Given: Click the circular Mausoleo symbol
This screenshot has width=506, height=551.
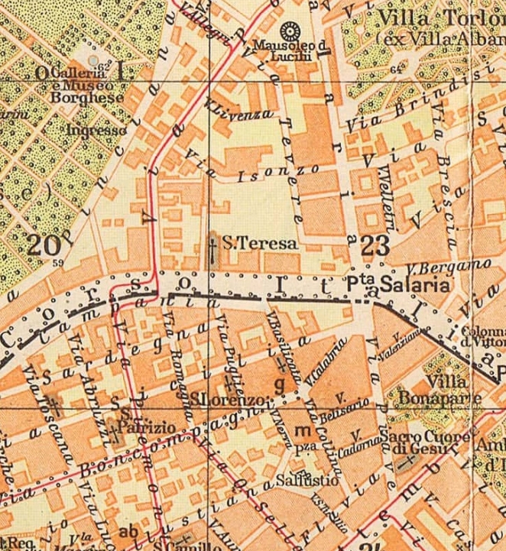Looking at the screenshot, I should pyautogui.click(x=290, y=31).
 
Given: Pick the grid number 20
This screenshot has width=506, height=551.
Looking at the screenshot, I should pyautogui.click(x=44, y=245).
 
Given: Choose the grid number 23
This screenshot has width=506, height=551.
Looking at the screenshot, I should pyautogui.click(x=377, y=246).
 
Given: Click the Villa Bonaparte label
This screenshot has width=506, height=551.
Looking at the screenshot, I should pyautogui.click(x=440, y=390).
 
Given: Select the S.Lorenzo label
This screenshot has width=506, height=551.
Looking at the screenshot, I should pyautogui.click(x=229, y=400).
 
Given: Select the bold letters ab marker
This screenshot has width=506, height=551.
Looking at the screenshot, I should pyautogui.click(x=128, y=532).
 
